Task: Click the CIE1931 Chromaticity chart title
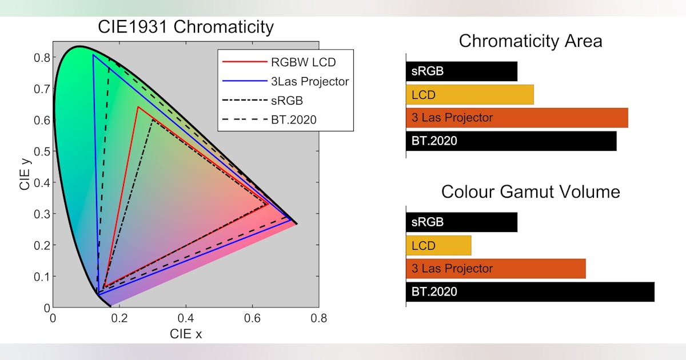[x=185, y=27]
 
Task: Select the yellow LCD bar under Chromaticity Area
[x=469, y=95]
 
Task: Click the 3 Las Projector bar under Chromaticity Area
[x=517, y=118]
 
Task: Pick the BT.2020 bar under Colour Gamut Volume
[x=530, y=291]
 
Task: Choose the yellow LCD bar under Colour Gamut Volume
[x=438, y=246]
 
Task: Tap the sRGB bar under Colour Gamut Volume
[x=461, y=222]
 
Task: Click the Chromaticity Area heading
[x=530, y=41]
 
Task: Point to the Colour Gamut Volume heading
[x=530, y=191]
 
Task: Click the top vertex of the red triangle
[x=138, y=107]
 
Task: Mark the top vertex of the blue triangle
[x=93, y=55]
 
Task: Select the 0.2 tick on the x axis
[x=119, y=318]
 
